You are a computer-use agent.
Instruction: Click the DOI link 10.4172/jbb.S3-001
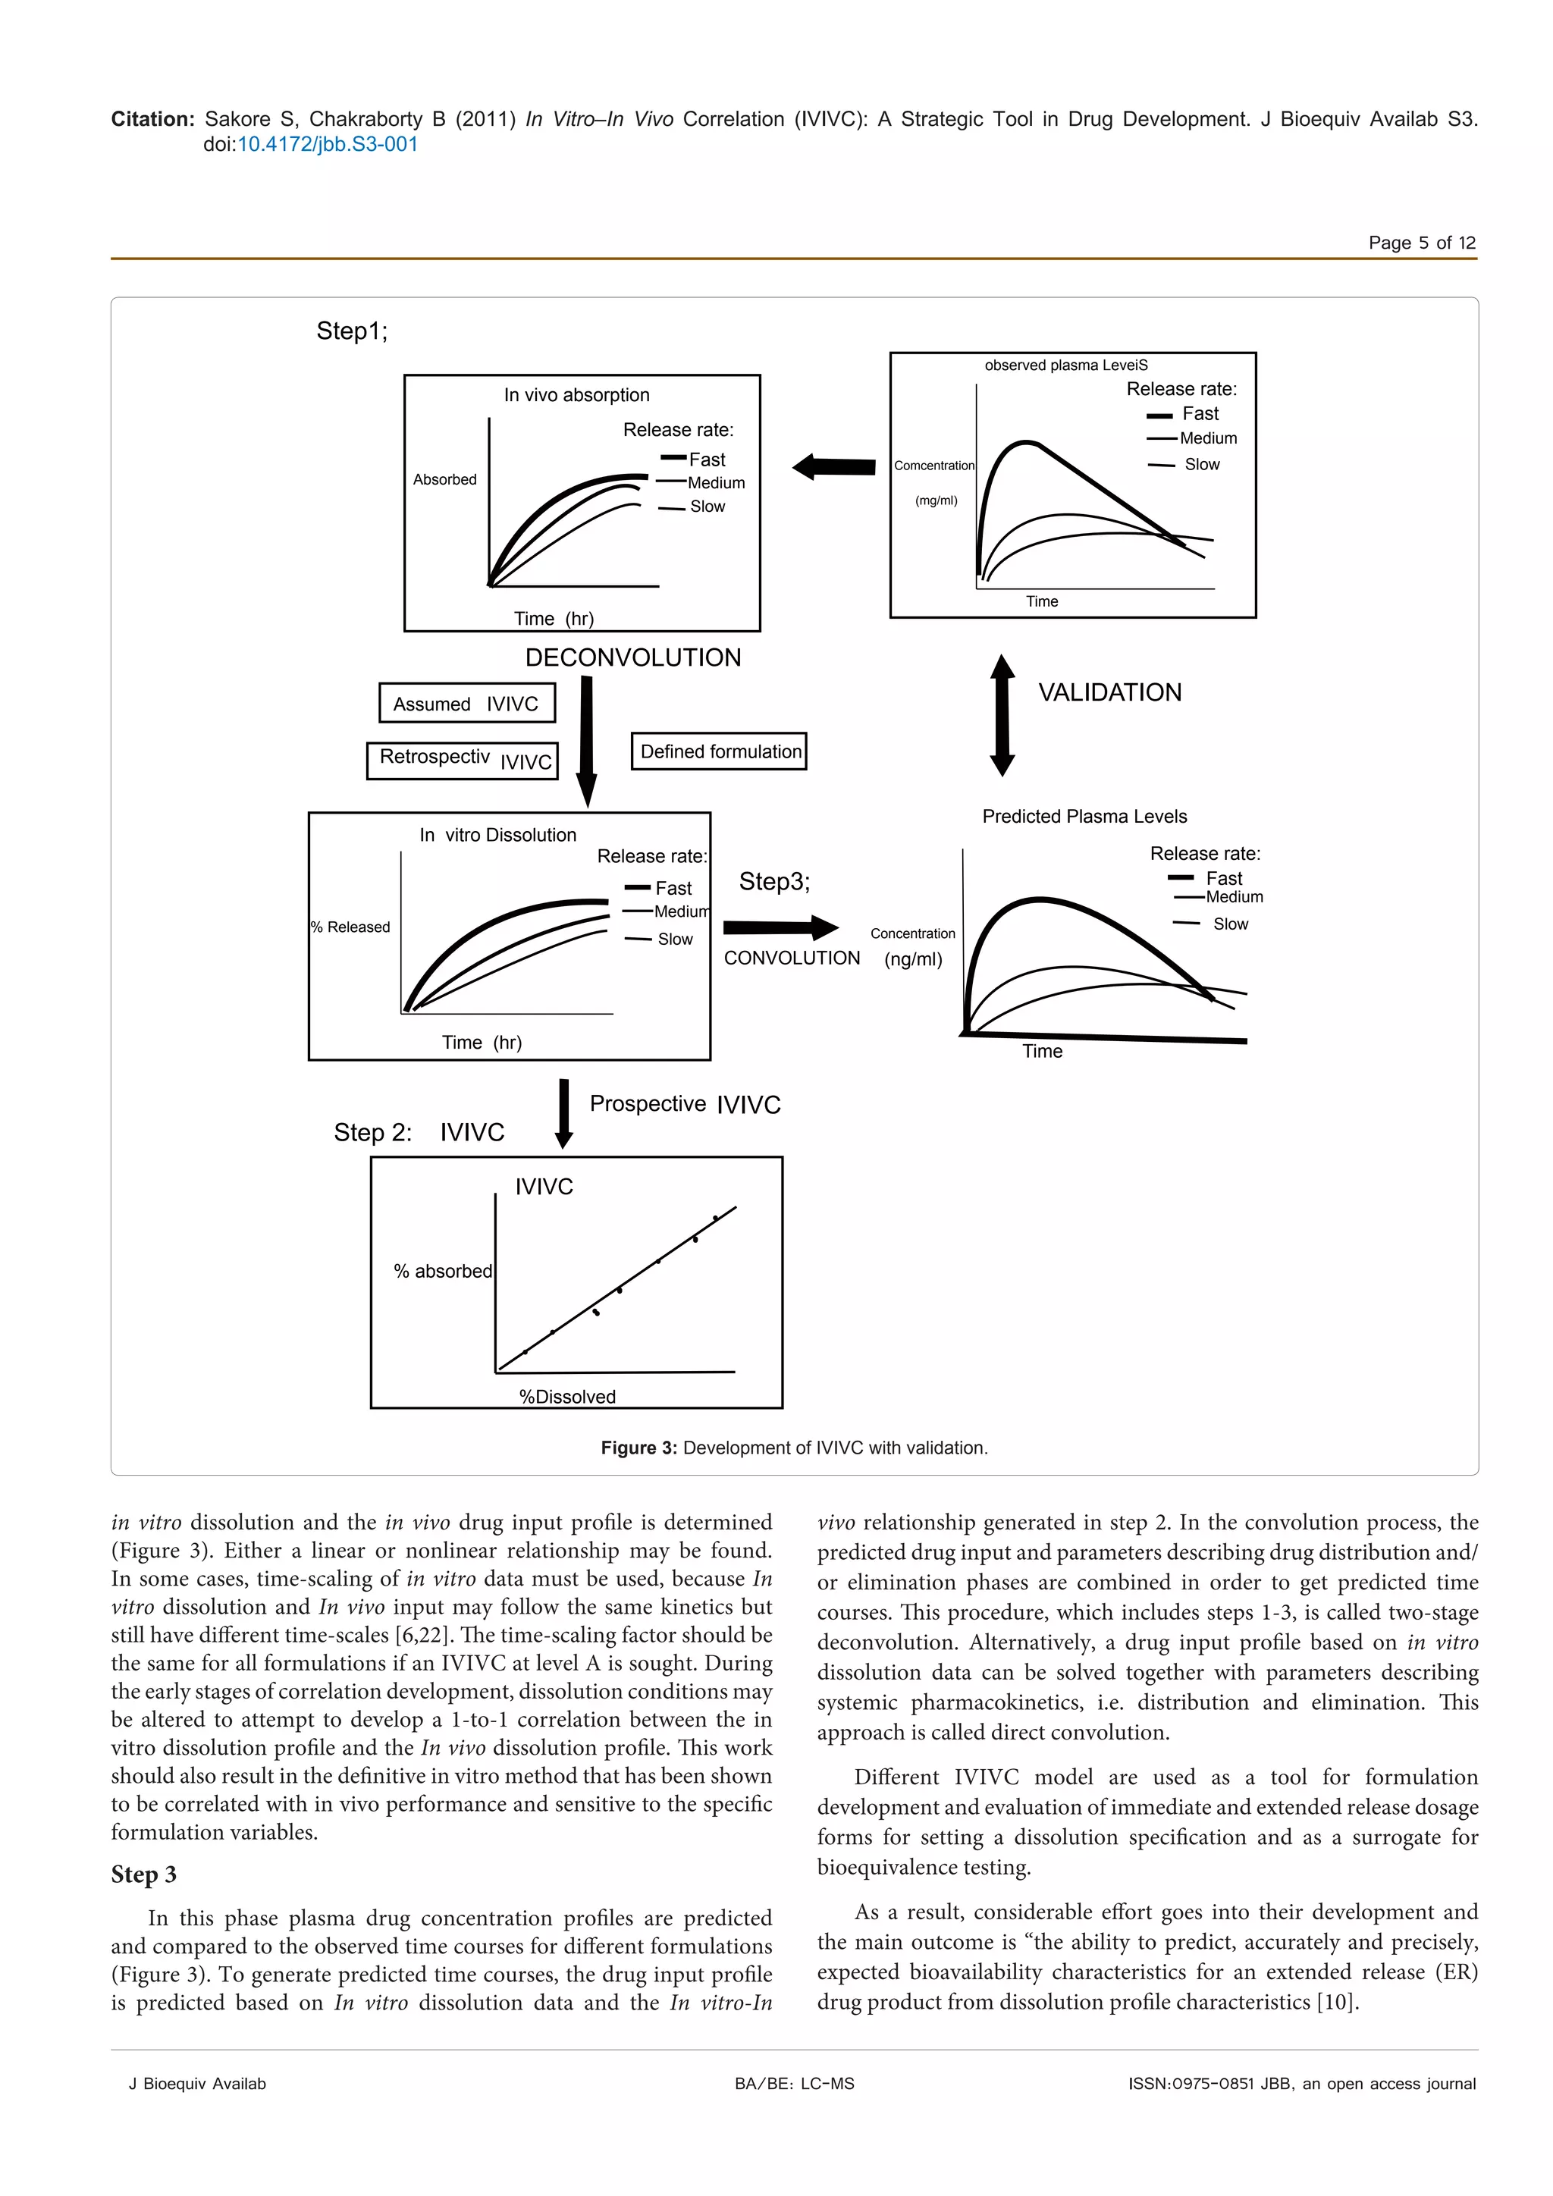click(x=327, y=144)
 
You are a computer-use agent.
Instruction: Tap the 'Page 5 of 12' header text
click(x=1421, y=243)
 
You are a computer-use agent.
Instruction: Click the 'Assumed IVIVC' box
click(x=466, y=704)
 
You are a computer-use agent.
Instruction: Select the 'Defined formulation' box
click(x=719, y=751)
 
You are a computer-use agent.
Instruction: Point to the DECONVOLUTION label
click(x=633, y=658)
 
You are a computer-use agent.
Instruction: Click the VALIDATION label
click(x=1109, y=692)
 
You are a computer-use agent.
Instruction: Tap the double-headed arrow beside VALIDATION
click(x=1002, y=715)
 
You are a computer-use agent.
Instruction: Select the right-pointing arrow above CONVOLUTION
click(x=780, y=927)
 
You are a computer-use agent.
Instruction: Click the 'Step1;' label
click(x=352, y=331)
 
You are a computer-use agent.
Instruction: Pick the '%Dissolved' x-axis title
click(x=567, y=1397)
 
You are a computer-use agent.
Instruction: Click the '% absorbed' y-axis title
click(x=443, y=1271)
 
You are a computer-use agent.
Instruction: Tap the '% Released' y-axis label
click(x=351, y=927)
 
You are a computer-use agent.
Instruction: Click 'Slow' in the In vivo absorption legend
click(x=707, y=507)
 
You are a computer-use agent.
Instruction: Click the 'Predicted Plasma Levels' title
click(x=1084, y=817)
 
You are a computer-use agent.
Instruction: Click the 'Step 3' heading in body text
click(x=143, y=1874)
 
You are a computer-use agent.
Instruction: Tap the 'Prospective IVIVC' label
click(x=685, y=1105)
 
